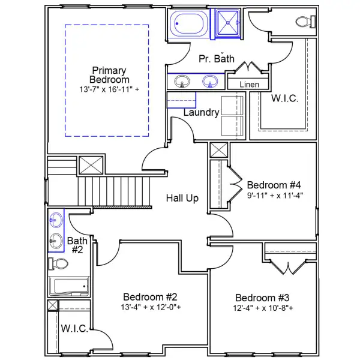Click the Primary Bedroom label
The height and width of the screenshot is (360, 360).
110,75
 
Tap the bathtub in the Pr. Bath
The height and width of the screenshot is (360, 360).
190,25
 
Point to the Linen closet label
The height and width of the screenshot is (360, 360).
249,85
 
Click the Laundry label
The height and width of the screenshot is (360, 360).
201,112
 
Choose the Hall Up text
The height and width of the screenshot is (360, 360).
182,198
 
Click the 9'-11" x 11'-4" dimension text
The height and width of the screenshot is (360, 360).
275,194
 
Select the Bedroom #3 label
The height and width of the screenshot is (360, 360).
262,298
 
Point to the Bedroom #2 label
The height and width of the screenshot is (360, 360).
150,297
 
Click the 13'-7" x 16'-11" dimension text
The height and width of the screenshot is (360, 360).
110,89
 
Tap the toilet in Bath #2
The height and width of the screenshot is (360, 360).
58,264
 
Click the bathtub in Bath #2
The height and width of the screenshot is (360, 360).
68,286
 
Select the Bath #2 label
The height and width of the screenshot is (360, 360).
77,245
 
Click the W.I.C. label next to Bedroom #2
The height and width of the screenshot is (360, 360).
74,329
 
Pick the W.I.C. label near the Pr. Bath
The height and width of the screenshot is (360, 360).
284,98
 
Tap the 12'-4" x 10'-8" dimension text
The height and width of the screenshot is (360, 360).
262,308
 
